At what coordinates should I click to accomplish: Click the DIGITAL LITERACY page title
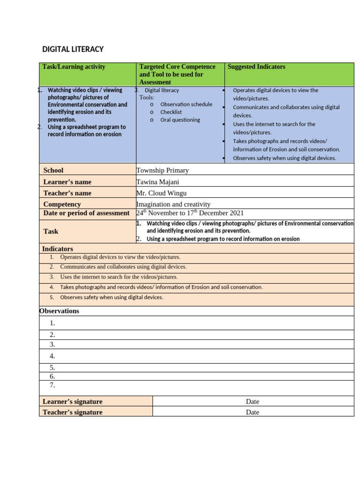click(73, 49)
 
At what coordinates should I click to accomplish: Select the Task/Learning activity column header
click(74, 67)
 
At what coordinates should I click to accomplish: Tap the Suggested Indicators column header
click(256, 67)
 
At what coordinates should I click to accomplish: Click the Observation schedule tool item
click(186, 105)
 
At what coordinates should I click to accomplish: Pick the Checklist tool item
click(171, 112)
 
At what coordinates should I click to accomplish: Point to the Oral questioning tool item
click(180, 120)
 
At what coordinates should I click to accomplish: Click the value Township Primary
click(162, 170)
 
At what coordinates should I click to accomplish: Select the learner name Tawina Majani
click(157, 182)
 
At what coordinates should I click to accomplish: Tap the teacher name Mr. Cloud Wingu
click(161, 193)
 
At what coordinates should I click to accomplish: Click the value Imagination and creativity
click(173, 204)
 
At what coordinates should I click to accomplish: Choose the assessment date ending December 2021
click(190, 213)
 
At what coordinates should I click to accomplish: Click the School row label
click(53, 170)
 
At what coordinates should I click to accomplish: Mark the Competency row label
click(62, 204)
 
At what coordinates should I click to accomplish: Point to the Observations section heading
click(60, 311)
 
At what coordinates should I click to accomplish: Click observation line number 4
click(52, 356)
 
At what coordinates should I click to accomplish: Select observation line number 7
click(52, 385)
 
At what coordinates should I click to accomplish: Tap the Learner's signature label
click(72, 402)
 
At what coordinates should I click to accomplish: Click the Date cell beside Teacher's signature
click(252, 412)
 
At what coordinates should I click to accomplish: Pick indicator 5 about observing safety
click(112, 297)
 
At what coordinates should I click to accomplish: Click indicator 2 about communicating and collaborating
click(123, 267)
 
